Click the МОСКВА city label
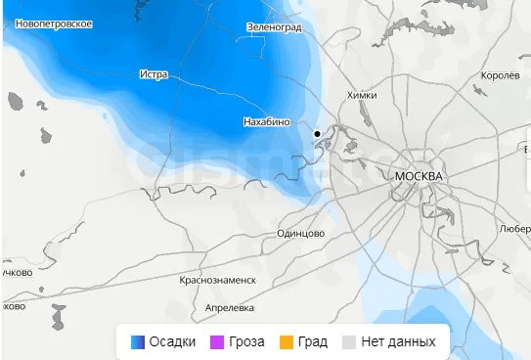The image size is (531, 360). (x=419, y=176)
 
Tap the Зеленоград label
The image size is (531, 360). (x=276, y=27)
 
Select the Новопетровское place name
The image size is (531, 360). (x=49, y=22)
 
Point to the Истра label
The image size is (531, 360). (x=155, y=73)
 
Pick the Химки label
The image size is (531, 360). (x=361, y=95)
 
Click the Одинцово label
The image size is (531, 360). (x=300, y=234)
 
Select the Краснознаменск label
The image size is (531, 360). (x=218, y=280)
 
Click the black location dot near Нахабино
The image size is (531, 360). (x=317, y=133)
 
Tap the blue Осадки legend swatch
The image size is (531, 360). (x=138, y=341)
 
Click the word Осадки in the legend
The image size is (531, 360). (x=172, y=341)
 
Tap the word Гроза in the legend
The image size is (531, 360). (x=246, y=341)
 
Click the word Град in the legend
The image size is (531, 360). (x=313, y=341)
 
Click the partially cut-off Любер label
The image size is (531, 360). (x=514, y=228)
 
